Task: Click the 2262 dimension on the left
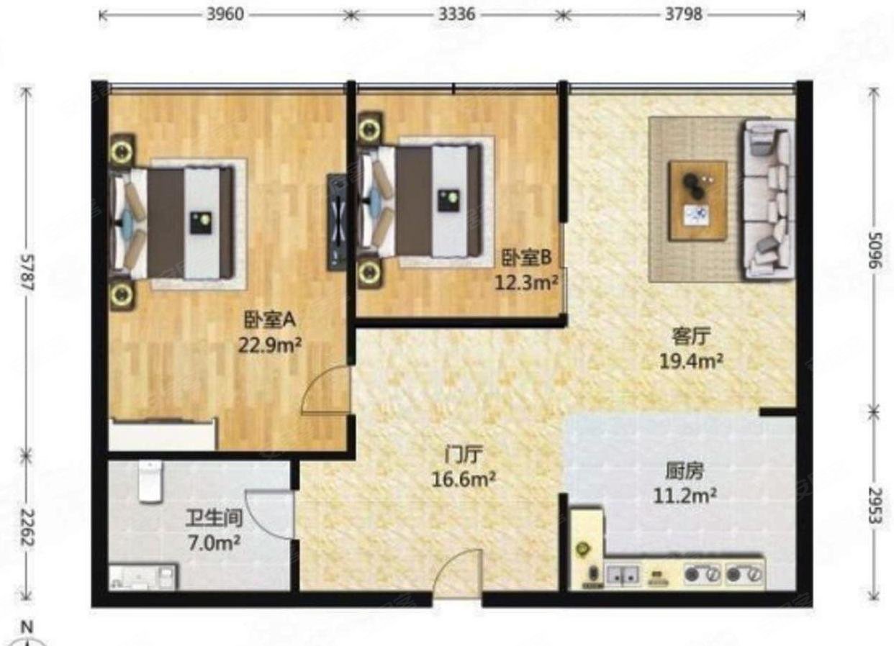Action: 27,529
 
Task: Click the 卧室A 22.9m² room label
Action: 270,332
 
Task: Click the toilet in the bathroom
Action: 149,481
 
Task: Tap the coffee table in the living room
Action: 697,200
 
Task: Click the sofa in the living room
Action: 769,199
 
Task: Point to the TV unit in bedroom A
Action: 336,221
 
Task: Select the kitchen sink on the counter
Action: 623,575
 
